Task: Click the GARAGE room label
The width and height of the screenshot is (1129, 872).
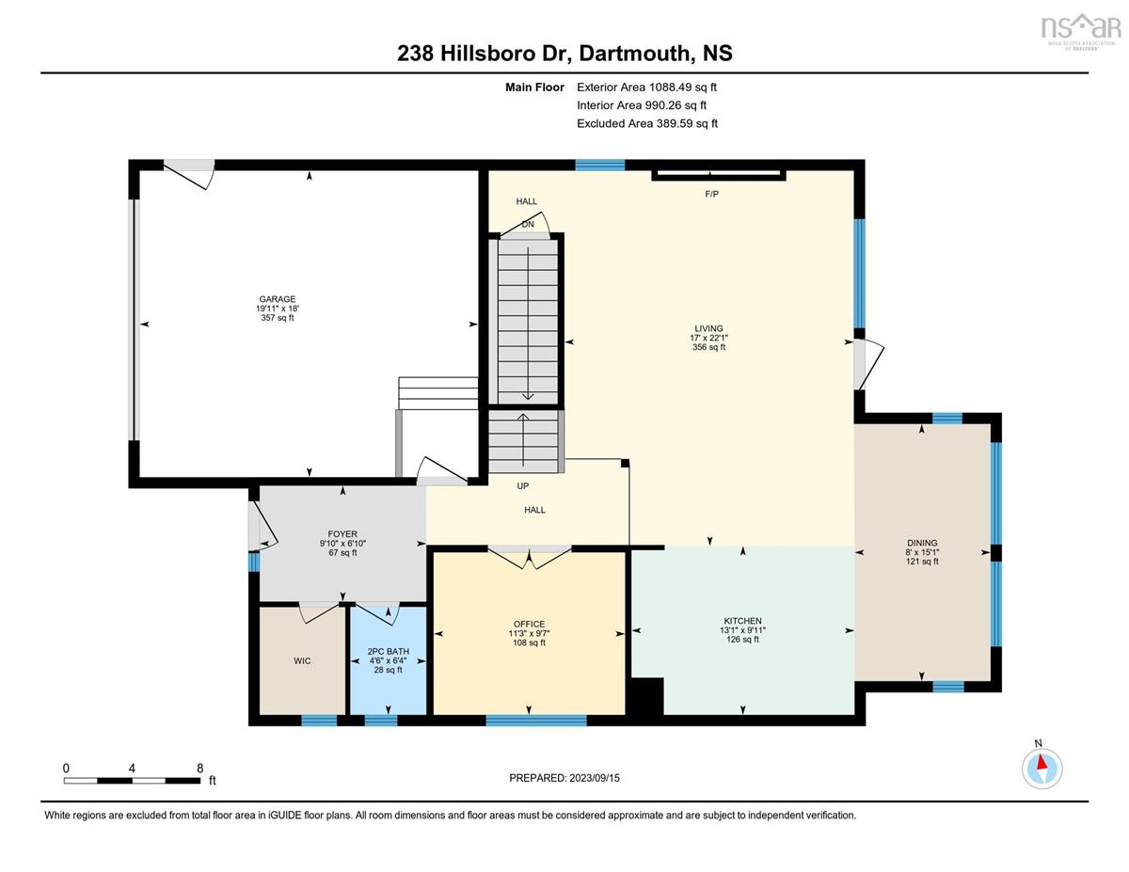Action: (277, 299)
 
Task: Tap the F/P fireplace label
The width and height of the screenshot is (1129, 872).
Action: (711, 194)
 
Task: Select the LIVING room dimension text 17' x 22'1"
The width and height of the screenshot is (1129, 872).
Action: (708, 338)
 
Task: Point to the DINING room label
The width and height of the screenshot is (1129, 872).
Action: (922, 544)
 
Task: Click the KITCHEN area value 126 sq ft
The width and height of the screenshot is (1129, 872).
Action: (742, 640)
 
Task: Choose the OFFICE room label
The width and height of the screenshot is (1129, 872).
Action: (529, 625)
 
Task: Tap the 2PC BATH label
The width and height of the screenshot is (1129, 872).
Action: (389, 651)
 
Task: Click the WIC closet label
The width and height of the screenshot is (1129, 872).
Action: (302, 660)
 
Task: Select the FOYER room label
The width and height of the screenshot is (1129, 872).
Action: (342, 534)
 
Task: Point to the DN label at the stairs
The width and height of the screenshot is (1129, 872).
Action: (528, 225)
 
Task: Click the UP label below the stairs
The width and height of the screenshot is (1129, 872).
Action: (523, 486)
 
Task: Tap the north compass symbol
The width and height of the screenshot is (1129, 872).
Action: (1042, 769)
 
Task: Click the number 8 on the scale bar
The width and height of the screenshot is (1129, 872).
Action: (200, 768)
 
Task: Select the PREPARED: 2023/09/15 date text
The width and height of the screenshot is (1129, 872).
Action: (564, 778)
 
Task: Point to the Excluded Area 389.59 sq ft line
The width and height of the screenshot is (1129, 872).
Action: (647, 123)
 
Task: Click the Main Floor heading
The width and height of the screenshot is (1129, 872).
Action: (534, 87)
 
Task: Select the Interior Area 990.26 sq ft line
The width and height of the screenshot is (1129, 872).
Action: (642, 105)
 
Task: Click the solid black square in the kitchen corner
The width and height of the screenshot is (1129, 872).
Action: (647, 696)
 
